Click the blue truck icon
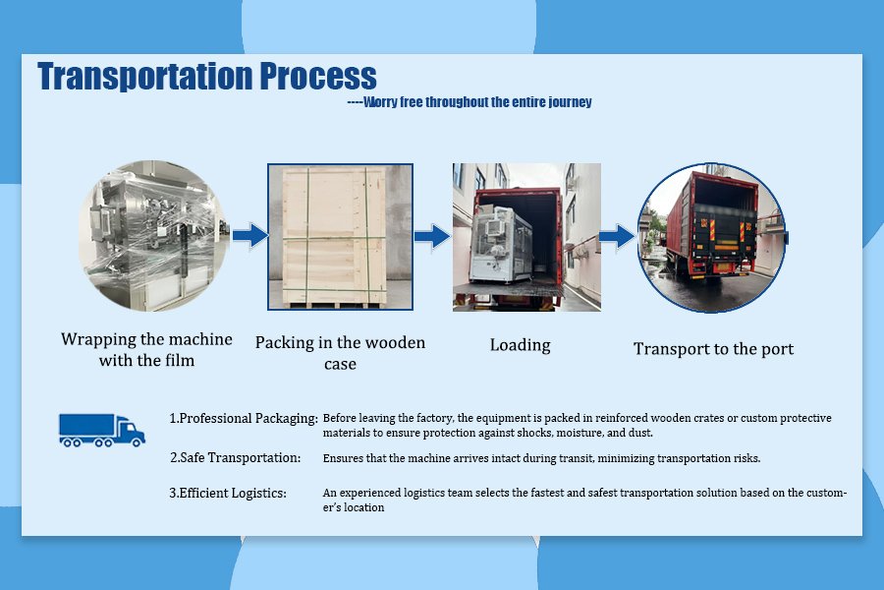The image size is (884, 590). click(102, 431)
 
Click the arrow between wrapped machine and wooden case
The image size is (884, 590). click(250, 235)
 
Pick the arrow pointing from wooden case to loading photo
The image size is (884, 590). click(432, 236)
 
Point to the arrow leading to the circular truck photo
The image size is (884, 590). click(617, 236)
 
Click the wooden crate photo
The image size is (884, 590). click(340, 237)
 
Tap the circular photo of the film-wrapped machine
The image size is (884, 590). click(153, 235)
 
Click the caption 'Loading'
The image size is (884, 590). click(520, 345)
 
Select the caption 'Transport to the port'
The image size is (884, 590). click(713, 349)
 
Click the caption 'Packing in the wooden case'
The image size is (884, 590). click(340, 353)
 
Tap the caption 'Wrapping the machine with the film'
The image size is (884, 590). click(146, 349)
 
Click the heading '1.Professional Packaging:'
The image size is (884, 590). click(244, 418)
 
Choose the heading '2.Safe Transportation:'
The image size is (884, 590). click(235, 457)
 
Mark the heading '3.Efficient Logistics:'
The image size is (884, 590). click(228, 493)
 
